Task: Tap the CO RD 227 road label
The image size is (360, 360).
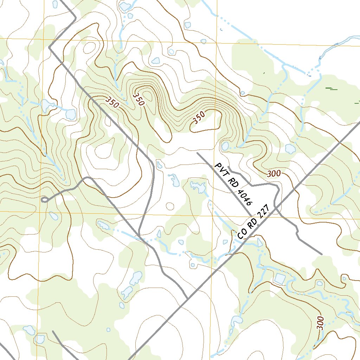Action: tap(253, 222)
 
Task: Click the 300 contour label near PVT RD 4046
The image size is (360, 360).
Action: tap(274, 173)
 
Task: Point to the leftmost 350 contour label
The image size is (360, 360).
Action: tap(112, 102)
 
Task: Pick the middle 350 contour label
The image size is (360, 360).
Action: tap(139, 99)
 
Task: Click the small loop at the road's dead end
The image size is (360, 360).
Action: tap(44, 200)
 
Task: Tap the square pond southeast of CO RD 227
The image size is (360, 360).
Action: tap(280, 279)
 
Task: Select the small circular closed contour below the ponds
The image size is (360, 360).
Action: tap(170, 206)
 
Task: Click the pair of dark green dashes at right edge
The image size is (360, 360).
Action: tap(331, 89)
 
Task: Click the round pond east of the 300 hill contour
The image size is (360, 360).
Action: tap(290, 149)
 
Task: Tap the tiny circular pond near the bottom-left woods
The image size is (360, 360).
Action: tap(108, 329)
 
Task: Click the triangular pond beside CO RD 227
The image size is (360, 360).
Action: tap(259, 242)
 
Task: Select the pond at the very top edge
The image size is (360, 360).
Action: tap(124, 6)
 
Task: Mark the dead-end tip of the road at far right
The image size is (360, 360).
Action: tap(321, 254)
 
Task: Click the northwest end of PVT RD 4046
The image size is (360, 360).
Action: tap(198, 153)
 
